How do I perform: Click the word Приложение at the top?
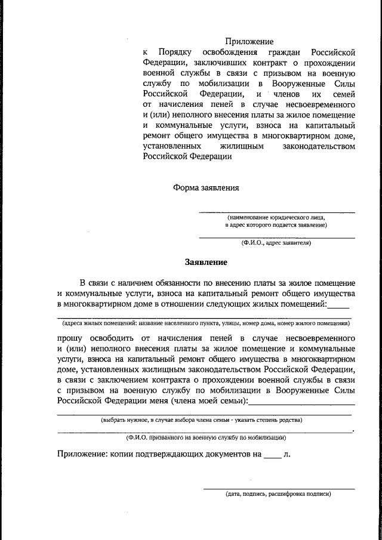click(249, 42)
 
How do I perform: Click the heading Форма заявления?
click(206, 187)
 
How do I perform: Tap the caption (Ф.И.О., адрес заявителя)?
click(276, 243)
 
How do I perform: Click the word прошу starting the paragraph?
click(70, 337)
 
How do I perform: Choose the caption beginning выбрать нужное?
click(202, 419)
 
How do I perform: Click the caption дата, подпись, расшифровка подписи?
click(278, 495)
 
